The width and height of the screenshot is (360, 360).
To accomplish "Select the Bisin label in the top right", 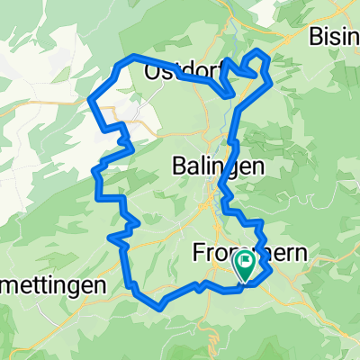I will tap(333, 37).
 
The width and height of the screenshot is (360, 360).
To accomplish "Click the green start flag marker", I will tap(244, 265).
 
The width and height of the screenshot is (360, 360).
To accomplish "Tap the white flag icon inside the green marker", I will tap(244, 262).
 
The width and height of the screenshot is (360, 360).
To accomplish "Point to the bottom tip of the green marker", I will tap(244, 278).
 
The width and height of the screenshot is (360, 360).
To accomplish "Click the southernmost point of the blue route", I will tap(160, 305).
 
